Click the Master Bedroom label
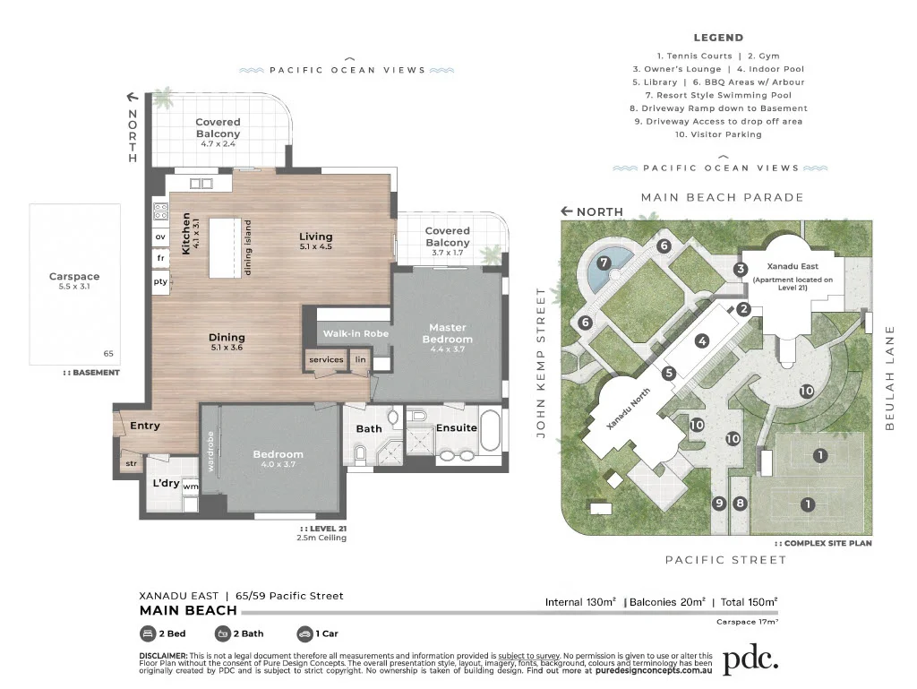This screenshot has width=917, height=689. coord(448,333)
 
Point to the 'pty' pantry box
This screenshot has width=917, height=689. coord(161,281)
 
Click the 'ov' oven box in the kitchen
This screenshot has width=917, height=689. coord(161,237)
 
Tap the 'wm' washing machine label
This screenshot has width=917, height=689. coord(191,487)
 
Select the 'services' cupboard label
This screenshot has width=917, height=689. coord(326,359)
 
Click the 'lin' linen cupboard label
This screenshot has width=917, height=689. coord(360,359)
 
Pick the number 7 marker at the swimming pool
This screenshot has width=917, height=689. coord(604,263)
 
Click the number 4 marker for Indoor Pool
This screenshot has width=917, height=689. coord(702,340)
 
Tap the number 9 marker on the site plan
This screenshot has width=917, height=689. coord(718,504)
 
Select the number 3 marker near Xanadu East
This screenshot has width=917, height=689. coord(741,269)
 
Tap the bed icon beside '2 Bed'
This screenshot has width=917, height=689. coord(148,633)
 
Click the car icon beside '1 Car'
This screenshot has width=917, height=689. coord(305,633)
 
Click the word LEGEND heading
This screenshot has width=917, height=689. coord(718,38)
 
